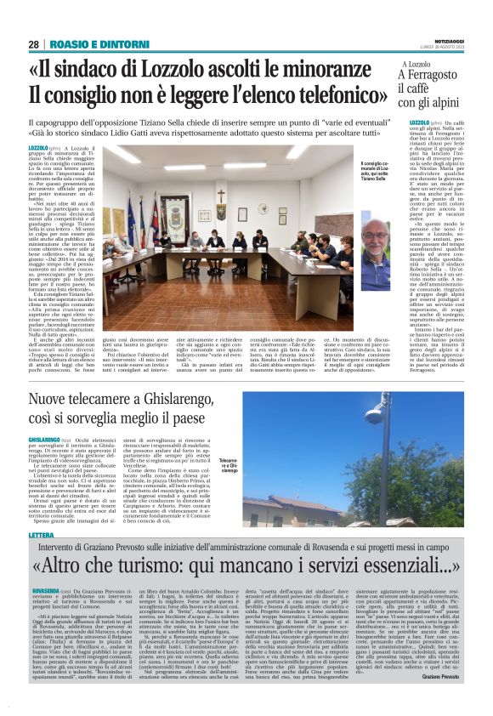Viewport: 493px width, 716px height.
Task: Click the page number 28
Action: coord(33,43)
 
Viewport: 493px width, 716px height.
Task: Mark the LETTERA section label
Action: coord(41,535)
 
